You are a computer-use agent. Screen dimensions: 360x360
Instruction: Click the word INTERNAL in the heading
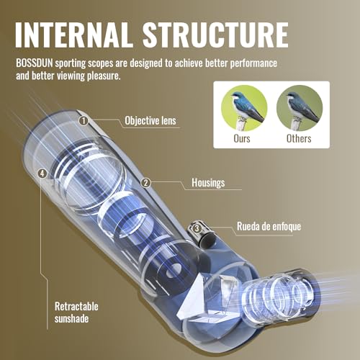[74, 35]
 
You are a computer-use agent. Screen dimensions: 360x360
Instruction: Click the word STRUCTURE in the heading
[216, 35]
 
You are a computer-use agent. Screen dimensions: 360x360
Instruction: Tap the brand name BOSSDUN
[35, 63]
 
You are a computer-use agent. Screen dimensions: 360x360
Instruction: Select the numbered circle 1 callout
[84, 121]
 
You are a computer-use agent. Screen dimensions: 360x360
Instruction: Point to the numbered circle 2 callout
[145, 183]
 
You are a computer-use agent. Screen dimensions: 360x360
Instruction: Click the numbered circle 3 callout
[197, 228]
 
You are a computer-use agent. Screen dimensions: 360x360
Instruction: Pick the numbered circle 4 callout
[42, 174]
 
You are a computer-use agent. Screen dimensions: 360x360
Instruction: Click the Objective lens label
[150, 121]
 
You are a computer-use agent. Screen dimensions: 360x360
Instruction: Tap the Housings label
[208, 183]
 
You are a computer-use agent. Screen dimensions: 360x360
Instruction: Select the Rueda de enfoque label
[269, 227]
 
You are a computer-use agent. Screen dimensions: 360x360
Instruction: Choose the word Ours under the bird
[242, 139]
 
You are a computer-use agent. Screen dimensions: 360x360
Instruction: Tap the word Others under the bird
[299, 139]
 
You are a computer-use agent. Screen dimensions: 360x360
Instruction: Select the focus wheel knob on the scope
[201, 233]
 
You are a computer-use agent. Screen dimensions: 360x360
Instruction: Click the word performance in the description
[253, 63]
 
